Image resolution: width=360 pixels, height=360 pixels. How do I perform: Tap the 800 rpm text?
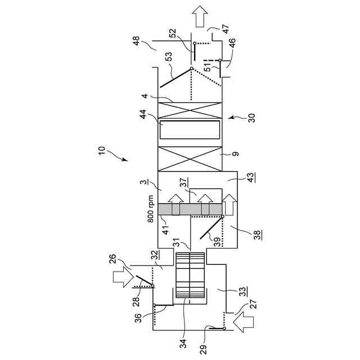click(151, 209)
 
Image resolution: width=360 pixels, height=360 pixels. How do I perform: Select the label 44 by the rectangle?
click(143, 115)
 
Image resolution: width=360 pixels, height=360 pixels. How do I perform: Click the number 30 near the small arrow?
click(251, 118)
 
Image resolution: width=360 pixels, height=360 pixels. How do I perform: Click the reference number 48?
click(136, 41)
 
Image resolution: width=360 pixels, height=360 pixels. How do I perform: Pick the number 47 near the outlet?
click(226, 29)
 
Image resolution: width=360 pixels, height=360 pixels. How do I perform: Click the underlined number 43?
click(251, 177)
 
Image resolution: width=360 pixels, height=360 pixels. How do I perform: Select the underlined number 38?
click(258, 235)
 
